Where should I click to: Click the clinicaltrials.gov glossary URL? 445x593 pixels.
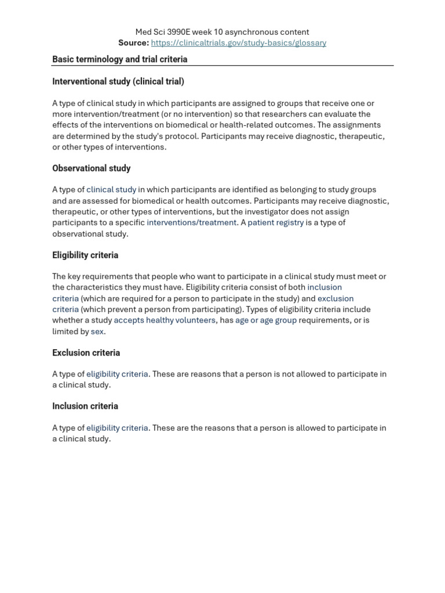(238, 43)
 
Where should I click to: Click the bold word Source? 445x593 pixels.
(133, 43)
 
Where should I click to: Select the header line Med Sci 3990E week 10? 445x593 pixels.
(222, 32)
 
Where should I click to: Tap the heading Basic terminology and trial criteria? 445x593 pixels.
(120, 59)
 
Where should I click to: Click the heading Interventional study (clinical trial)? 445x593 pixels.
(118, 82)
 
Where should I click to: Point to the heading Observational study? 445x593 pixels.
(92, 169)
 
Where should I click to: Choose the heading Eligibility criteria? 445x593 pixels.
(85, 255)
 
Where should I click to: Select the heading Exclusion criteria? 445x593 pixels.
(86, 353)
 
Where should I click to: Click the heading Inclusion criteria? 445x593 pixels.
(85, 407)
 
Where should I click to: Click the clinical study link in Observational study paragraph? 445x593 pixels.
(111, 190)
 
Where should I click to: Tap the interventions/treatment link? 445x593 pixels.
(192, 223)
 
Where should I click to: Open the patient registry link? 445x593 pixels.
(276, 223)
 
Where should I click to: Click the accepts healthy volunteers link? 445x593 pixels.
(165, 320)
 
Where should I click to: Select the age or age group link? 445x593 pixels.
(266, 320)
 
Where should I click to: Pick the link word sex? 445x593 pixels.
(97, 332)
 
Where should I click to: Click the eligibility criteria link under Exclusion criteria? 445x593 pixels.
(117, 374)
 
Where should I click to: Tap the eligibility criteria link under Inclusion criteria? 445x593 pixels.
(117, 428)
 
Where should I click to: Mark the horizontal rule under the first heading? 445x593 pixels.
(222, 66)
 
